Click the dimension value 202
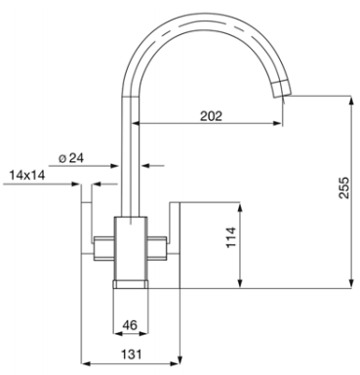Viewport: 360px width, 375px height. pyautogui.click(x=211, y=116)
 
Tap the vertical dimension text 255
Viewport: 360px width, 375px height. pyautogui.click(x=343, y=187)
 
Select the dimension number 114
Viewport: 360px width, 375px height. pyautogui.click(x=231, y=237)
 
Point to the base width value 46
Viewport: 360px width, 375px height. pyautogui.click(x=130, y=325)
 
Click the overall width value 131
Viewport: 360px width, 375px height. pyautogui.click(x=132, y=354)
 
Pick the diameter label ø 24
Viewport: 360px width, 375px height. pyautogui.click(x=71, y=158)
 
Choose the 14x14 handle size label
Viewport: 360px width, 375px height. pyautogui.click(x=27, y=175)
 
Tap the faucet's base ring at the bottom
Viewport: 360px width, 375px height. pyautogui.click(x=131, y=284)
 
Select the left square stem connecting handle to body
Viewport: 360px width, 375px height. pyautogui.click(x=103, y=248)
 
